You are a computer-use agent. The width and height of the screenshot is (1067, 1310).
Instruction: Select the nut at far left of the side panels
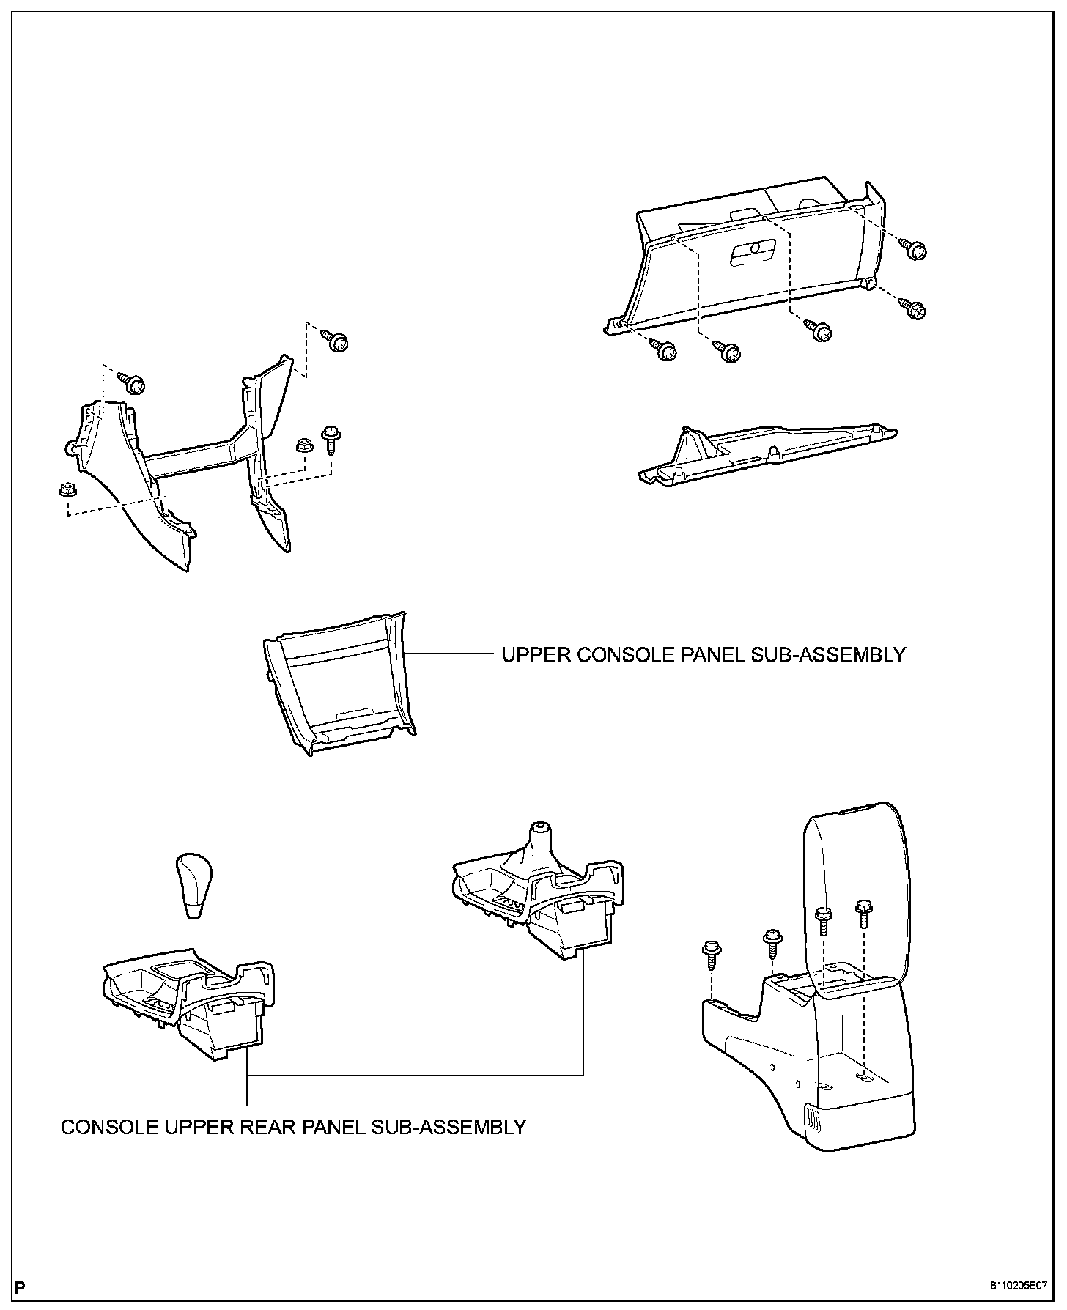coord(64,489)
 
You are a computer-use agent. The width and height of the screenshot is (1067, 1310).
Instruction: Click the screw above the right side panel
coord(336,341)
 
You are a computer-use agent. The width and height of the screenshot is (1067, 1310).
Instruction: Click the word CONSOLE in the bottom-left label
coord(103,1126)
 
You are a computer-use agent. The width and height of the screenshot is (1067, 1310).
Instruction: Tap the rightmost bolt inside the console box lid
coord(863,915)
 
